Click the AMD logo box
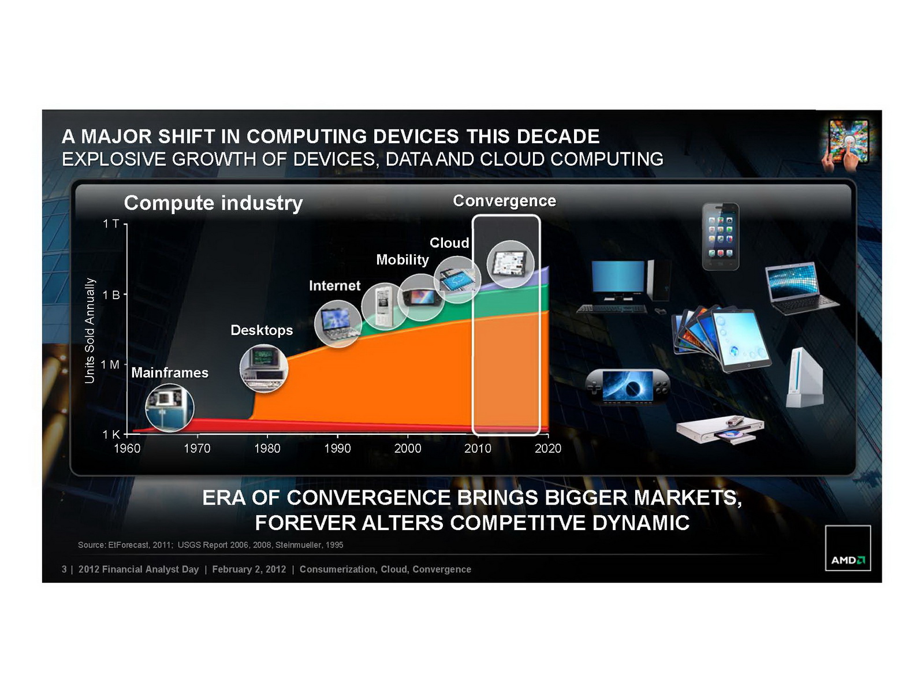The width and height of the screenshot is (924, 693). pyautogui.click(x=847, y=548)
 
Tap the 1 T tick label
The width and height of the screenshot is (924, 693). pyautogui.click(x=111, y=224)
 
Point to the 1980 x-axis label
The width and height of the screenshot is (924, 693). pyautogui.click(x=267, y=449)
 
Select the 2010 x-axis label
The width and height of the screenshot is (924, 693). pyautogui.click(x=478, y=449)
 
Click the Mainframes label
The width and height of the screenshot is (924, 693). pyautogui.click(x=170, y=373)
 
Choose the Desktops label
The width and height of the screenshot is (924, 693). pyautogui.click(x=262, y=330)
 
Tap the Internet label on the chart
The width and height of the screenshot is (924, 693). pyautogui.click(x=334, y=286)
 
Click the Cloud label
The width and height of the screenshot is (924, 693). pyautogui.click(x=449, y=243)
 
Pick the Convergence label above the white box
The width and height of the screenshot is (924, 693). pyautogui.click(x=504, y=201)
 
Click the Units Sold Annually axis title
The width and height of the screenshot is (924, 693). pyautogui.click(x=90, y=331)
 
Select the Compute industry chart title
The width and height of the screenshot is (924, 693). pyautogui.click(x=213, y=203)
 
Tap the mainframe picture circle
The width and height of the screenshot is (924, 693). pyautogui.click(x=170, y=408)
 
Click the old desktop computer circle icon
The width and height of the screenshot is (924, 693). pyautogui.click(x=264, y=368)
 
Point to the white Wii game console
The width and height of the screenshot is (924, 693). pyautogui.click(x=804, y=378)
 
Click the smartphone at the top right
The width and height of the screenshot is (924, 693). pyautogui.click(x=721, y=236)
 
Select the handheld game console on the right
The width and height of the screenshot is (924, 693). pyautogui.click(x=627, y=386)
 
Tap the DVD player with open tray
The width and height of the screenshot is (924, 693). pyautogui.click(x=720, y=429)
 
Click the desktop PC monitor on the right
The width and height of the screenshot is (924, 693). pyautogui.click(x=618, y=277)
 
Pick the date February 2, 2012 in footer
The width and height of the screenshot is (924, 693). pyautogui.click(x=249, y=569)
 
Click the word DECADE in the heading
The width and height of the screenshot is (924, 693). pyautogui.click(x=558, y=136)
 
